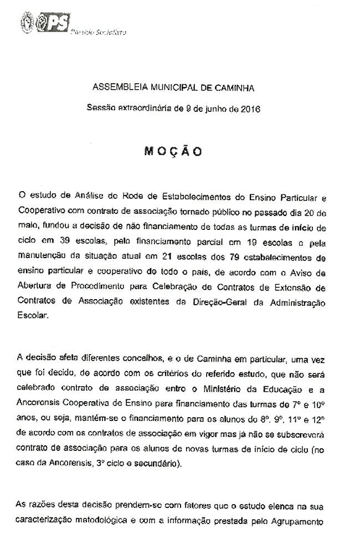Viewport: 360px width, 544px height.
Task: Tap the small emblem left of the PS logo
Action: [25, 23]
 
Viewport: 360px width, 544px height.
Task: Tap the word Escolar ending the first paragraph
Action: [33, 317]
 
